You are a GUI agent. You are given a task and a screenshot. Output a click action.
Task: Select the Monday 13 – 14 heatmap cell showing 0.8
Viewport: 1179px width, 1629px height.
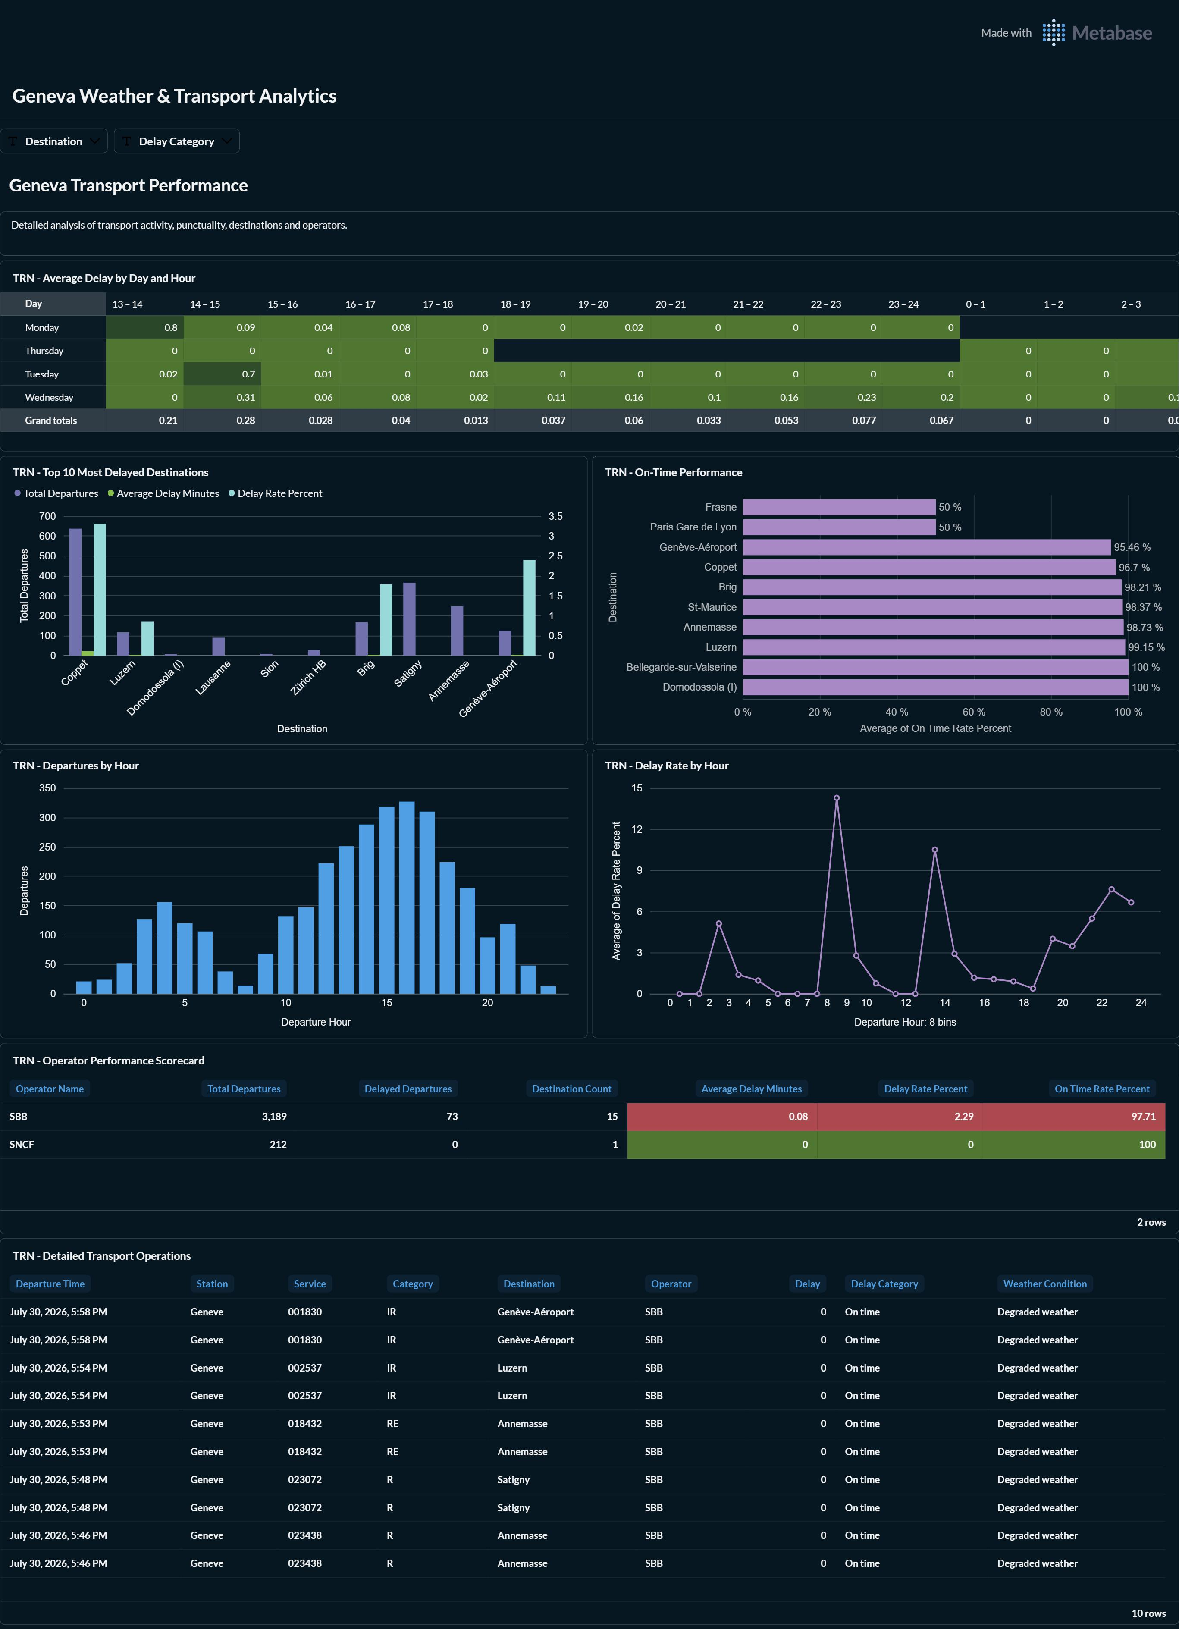(145, 327)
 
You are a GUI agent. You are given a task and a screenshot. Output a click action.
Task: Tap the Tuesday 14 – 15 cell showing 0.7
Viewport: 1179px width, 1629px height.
(223, 374)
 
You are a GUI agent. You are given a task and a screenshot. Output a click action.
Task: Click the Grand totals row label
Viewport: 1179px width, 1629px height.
(51, 420)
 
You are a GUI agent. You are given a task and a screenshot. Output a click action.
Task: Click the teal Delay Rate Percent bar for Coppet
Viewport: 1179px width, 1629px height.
(100, 590)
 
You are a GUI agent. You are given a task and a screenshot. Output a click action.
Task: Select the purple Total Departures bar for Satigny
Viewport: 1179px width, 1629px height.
(409, 619)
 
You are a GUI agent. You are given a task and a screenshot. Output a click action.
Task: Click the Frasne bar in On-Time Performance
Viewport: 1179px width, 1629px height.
(839, 507)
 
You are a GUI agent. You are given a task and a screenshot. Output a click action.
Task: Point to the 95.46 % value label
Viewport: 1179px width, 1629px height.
(1132, 547)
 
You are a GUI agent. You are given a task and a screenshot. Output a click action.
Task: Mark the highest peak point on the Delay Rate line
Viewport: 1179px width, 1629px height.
(837, 798)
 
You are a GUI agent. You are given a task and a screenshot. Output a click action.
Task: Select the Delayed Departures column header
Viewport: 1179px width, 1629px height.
(408, 1089)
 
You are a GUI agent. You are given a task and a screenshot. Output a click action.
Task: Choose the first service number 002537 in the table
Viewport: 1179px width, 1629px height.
(305, 1368)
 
